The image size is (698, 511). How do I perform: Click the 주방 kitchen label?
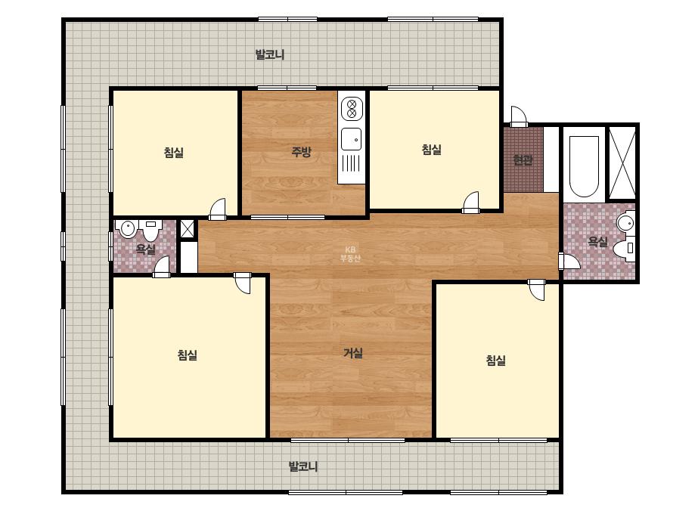(301, 152)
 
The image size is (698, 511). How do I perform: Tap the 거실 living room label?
(353, 353)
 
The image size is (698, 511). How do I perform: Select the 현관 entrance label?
(523, 159)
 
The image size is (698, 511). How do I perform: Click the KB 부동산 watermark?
(350, 254)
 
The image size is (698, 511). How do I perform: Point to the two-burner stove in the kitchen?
(352, 109)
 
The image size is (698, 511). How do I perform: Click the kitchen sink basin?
(351, 139)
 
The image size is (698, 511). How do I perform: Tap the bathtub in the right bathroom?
(584, 166)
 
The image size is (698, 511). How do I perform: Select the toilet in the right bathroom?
(624, 248)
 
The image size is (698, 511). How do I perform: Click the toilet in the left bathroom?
(151, 230)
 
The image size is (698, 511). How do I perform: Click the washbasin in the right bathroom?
(626, 221)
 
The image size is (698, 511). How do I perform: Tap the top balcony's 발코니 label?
(270, 54)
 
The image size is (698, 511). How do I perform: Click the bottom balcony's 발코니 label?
(303, 466)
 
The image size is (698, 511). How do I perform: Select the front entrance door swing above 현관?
(519, 116)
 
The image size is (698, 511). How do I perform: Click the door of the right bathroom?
(569, 260)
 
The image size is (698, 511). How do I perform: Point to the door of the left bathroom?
(162, 266)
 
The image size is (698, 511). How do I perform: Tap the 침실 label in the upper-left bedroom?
(174, 153)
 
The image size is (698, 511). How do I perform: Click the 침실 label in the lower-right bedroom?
(495, 360)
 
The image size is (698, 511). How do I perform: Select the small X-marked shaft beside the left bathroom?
(187, 229)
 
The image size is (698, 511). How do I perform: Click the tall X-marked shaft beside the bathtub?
(622, 163)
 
